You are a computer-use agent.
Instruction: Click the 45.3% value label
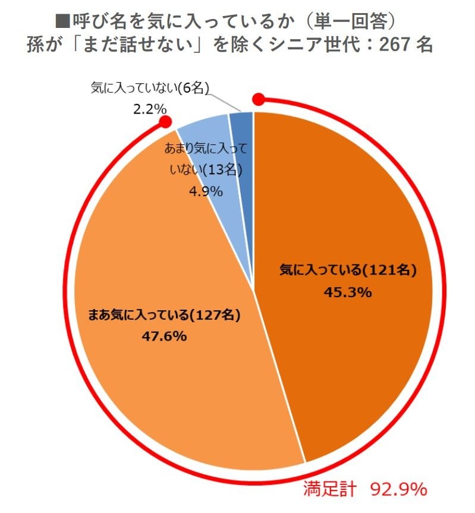[x=348, y=292]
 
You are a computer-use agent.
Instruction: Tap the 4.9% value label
[x=206, y=191]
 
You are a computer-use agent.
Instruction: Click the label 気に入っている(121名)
[x=348, y=270]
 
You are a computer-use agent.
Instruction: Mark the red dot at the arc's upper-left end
[x=166, y=122]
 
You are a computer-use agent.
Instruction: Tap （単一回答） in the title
[x=356, y=22]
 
